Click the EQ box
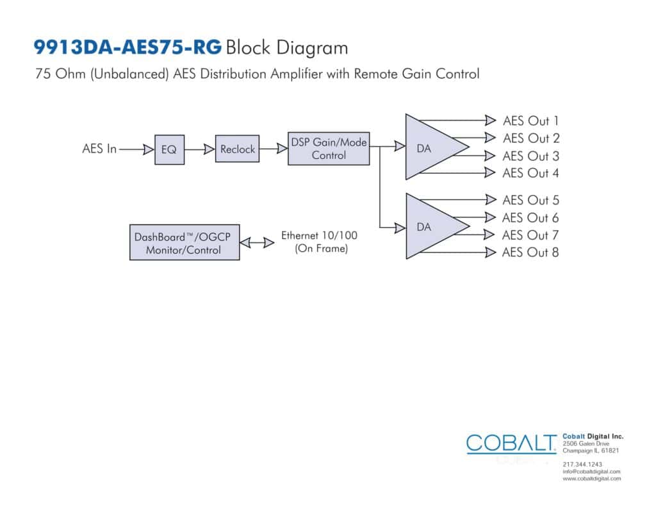(x=169, y=149)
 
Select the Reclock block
(x=237, y=149)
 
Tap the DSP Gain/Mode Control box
(x=329, y=149)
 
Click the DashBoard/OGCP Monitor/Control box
(x=184, y=243)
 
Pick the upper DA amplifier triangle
(x=431, y=147)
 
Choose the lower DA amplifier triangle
(x=431, y=226)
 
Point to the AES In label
(x=99, y=149)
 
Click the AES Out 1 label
(x=530, y=121)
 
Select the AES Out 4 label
(x=530, y=173)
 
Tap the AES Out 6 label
(x=530, y=218)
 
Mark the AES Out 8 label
(x=530, y=253)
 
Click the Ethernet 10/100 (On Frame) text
(x=319, y=242)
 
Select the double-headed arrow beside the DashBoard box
(x=257, y=242)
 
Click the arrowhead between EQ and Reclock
(x=209, y=149)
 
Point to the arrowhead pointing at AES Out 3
(x=490, y=156)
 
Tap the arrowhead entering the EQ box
(x=149, y=149)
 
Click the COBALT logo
(x=511, y=444)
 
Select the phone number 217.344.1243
(x=582, y=464)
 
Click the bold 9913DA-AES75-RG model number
(x=127, y=47)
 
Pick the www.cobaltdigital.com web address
(x=591, y=479)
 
